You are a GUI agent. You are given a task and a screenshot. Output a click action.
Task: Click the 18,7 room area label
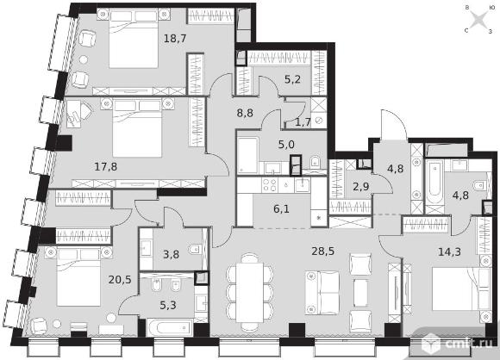coord(175,39)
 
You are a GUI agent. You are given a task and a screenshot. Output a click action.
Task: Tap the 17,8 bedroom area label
coord(106,166)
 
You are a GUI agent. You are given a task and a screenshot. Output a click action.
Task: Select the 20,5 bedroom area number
coord(120,280)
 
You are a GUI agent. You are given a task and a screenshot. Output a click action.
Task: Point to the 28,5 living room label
coord(322,251)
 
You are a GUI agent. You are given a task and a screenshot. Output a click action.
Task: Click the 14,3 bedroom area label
coord(449,252)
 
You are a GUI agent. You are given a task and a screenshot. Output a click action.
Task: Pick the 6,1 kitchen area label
coord(281,209)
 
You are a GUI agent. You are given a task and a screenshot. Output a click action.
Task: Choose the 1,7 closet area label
coord(303,122)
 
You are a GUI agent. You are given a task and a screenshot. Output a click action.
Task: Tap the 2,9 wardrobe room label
coord(360,186)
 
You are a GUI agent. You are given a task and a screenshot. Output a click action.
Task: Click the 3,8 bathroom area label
coord(171,254)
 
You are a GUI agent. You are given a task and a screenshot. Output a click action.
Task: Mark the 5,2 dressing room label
coord(292,78)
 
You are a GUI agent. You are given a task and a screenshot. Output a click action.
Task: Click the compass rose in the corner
coord(479,20)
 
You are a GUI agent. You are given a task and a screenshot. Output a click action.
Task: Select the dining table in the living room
coord(250,293)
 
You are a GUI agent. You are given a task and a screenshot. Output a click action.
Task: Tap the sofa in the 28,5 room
coord(322,293)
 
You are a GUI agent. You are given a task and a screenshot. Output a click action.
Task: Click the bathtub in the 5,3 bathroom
coord(170,327)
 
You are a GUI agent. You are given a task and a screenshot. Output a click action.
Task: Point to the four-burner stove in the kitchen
coord(270,185)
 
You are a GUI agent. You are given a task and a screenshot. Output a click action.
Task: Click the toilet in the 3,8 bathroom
coord(194,249)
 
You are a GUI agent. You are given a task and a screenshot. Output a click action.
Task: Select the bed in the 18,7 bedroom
coord(134,38)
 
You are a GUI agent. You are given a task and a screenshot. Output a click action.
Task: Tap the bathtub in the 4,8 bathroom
coord(434,183)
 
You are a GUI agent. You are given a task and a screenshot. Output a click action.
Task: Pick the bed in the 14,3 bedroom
coord(461,289)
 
